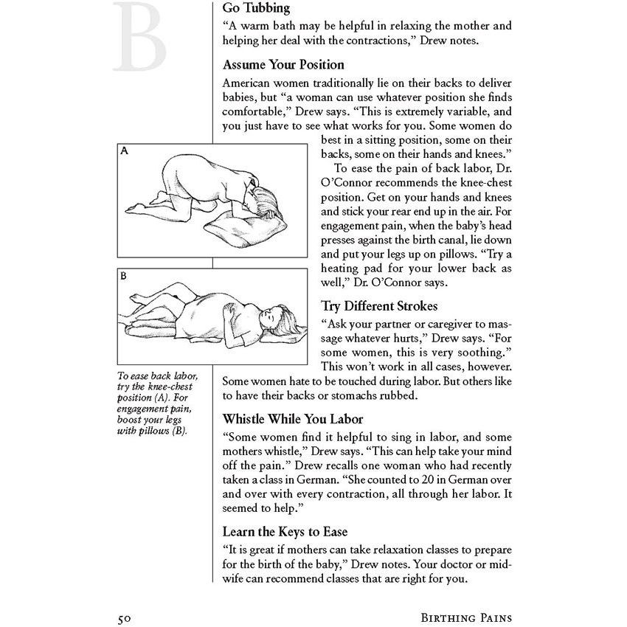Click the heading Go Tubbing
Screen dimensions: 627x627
click(x=256, y=9)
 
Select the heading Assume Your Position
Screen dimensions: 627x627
click(x=283, y=65)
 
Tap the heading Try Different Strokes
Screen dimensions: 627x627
click(x=378, y=305)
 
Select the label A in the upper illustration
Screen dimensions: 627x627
click(x=125, y=151)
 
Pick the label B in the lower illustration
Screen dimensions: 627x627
click(x=124, y=277)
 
